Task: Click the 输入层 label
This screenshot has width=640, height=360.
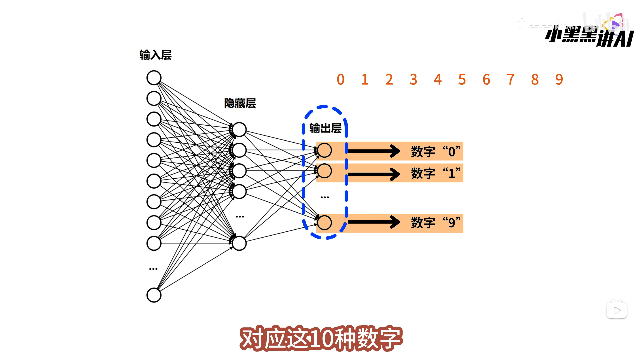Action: coord(155,55)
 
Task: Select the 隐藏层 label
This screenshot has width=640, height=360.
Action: coord(240,103)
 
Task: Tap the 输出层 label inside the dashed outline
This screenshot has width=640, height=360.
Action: coord(325,128)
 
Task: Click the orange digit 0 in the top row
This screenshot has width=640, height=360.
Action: coord(340,80)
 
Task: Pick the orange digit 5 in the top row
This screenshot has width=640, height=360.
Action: coord(462,80)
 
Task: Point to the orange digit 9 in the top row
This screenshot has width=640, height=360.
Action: coord(559,80)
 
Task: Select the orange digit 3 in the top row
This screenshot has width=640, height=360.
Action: coord(413,80)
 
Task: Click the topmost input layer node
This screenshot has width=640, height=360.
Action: coord(154,78)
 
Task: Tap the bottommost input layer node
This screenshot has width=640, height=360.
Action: coord(154,295)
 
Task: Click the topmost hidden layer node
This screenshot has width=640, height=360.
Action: coord(239,130)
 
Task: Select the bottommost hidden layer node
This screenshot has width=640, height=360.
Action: coord(239,243)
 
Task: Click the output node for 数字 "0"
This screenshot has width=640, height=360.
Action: coord(324,150)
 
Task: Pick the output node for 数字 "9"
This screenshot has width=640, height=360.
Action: coord(324,223)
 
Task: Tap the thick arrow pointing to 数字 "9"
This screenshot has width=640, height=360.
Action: coord(374,222)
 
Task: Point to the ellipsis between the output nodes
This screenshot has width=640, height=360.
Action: coord(325,197)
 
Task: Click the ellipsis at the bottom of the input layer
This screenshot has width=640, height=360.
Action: coord(153,269)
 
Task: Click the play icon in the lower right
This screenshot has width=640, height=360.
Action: coord(617,311)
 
